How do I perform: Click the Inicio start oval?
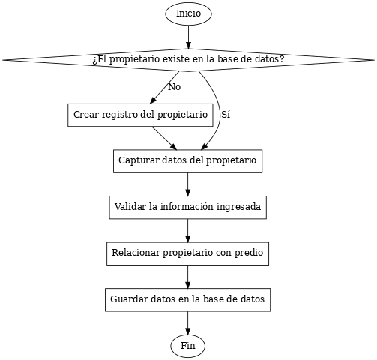pos(188,13)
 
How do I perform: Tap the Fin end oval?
pos(188,346)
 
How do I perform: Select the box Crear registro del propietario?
pos(140,115)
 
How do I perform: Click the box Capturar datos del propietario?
pos(188,161)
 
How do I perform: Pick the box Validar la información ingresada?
pos(188,207)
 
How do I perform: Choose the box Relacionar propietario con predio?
pos(188,253)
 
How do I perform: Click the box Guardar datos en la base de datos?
pos(188,300)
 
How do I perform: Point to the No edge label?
pos(175,87)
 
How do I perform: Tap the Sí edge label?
pos(226,115)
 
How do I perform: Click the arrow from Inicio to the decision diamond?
pos(188,37)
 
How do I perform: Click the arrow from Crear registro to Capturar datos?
pos(164,138)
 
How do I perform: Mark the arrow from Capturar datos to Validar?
pos(188,184)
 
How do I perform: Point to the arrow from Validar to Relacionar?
pos(188,230)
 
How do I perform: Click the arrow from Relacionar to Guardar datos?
pos(188,277)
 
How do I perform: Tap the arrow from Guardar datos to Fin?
pos(188,323)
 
